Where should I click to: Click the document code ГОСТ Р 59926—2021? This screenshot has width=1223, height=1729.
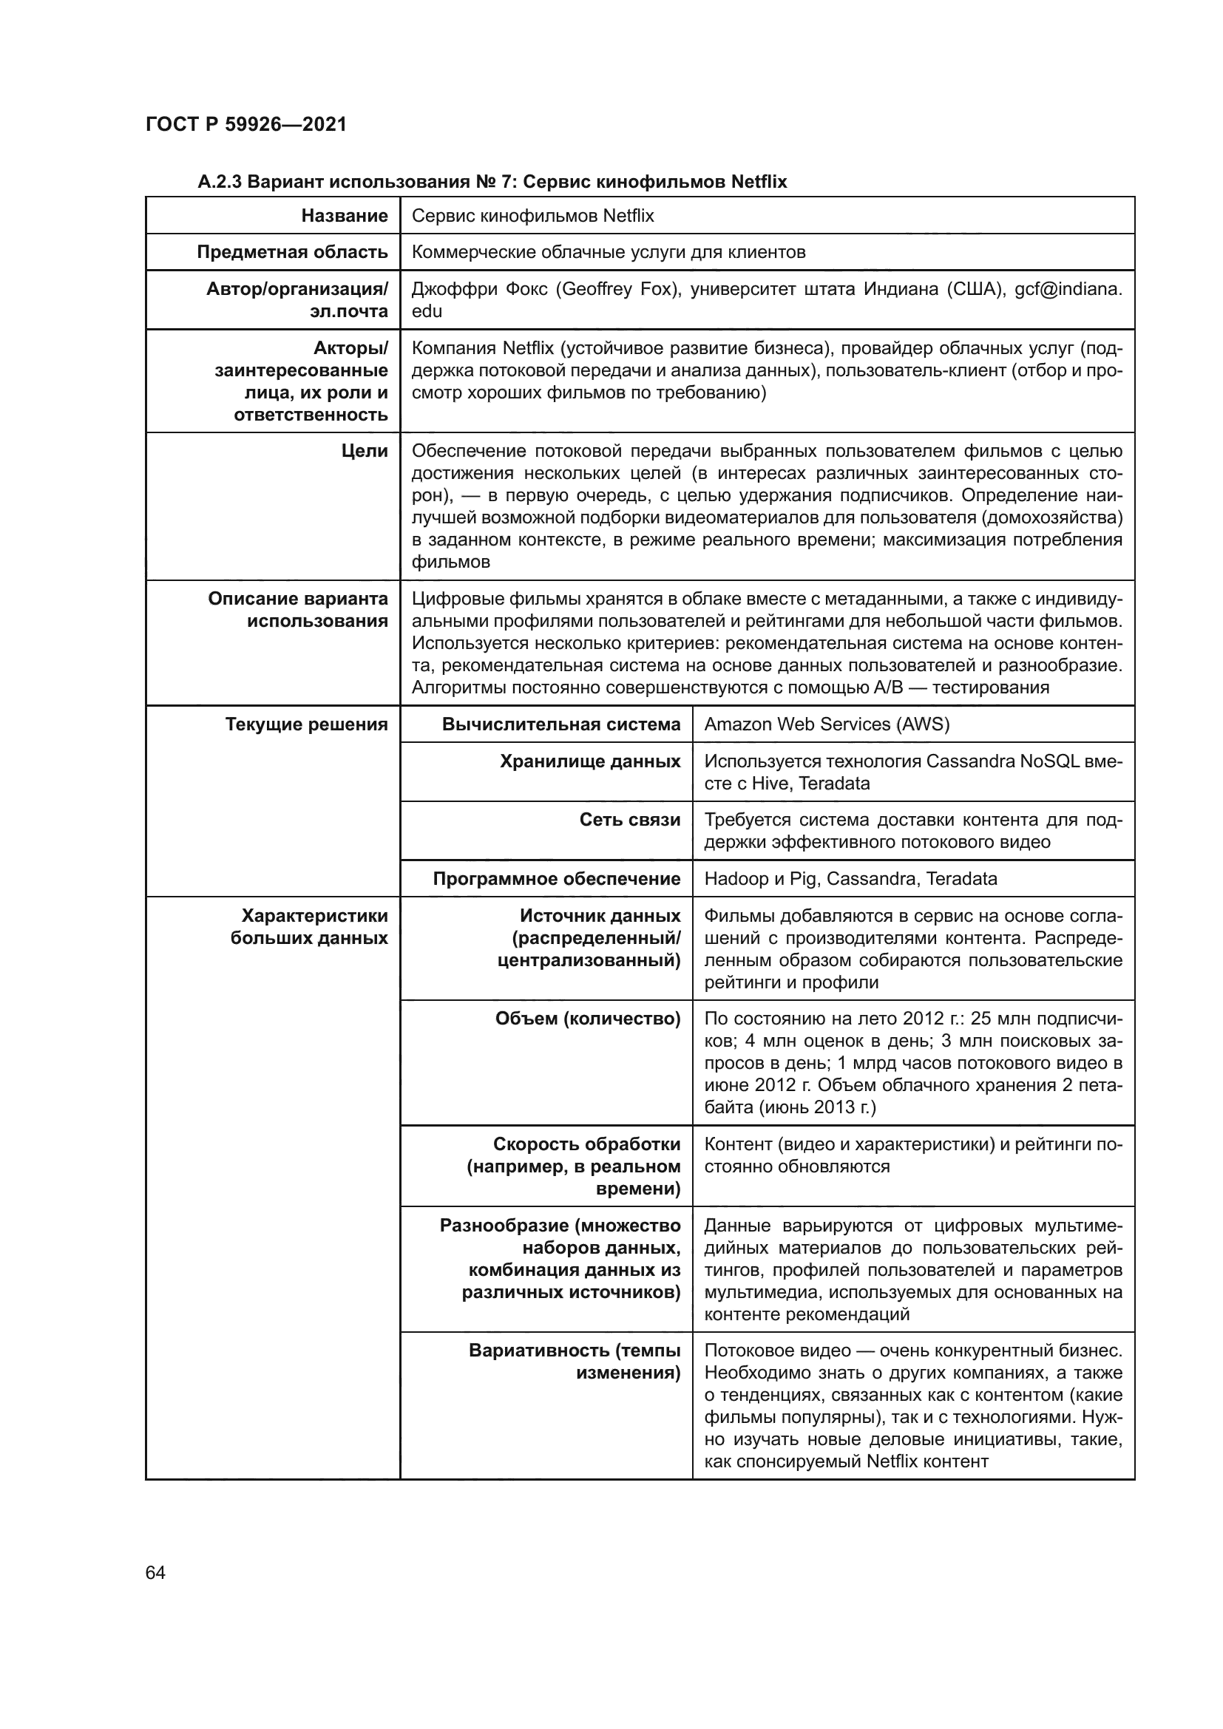point(245,124)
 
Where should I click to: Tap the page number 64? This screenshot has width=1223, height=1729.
point(155,1572)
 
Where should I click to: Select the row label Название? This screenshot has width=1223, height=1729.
point(344,216)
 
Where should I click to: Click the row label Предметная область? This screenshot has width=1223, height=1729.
point(292,252)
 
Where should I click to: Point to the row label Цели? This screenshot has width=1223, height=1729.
point(365,451)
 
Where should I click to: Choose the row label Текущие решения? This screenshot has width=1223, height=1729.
point(307,724)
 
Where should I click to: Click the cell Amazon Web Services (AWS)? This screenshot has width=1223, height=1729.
point(826,724)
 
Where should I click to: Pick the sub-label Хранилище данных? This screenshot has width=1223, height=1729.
point(589,761)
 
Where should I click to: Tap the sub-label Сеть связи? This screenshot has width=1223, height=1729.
point(629,820)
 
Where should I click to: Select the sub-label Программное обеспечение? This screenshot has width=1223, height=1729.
point(557,879)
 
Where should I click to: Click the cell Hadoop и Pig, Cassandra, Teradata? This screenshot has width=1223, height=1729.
point(850,879)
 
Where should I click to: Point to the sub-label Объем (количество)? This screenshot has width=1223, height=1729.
point(587,1019)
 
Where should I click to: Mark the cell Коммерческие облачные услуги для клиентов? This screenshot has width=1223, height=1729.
point(608,252)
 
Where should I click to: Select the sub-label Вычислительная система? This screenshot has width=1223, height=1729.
point(561,724)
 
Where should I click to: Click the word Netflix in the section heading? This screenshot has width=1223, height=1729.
point(759,183)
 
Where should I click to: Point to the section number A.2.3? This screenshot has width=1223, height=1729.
point(219,183)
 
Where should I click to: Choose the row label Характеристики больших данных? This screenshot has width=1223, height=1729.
point(309,927)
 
